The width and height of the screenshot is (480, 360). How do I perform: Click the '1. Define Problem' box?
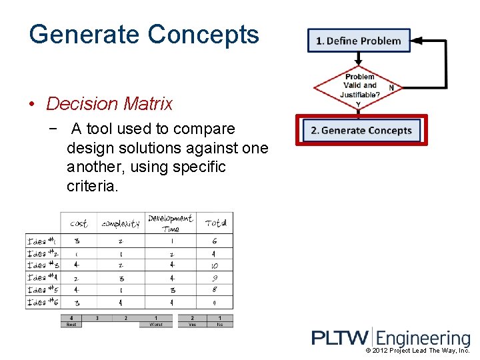[359, 41]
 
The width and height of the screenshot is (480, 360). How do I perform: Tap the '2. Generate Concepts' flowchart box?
[361, 130]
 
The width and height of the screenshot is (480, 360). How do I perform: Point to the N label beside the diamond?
[391, 87]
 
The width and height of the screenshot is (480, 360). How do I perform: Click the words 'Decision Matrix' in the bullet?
[109, 104]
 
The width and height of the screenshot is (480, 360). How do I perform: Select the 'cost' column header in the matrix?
[79, 224]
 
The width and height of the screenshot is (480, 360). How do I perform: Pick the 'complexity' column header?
[121, 224]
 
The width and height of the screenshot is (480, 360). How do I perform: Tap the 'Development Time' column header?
[170, 223]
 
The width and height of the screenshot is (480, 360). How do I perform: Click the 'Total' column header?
[215, 223]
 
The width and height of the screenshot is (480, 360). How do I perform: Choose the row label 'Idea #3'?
[43, 266]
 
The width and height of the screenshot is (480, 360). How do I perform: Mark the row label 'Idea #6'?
[43, 303]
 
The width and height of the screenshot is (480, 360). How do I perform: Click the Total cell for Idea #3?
[215, 266]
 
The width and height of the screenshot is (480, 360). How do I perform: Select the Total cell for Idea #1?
[215, 241]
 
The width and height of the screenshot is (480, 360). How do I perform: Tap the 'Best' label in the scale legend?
[71, 325]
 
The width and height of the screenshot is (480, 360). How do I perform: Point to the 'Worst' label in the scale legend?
[156, 325]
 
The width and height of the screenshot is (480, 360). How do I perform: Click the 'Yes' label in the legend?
[193, 325]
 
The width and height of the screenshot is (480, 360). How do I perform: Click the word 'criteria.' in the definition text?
[93, 186]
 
